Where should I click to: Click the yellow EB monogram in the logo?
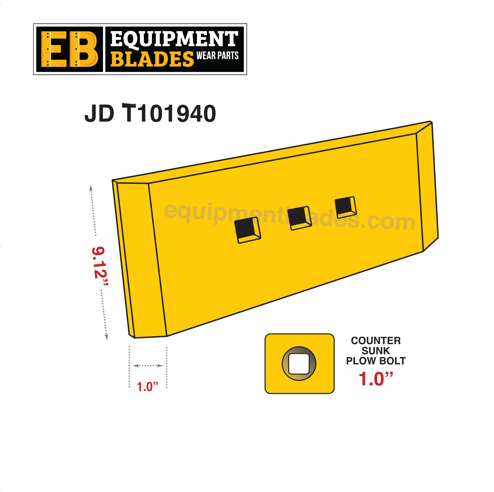(x=69, y=49)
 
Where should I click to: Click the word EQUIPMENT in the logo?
(x=174, y=39)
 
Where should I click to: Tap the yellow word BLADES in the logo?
(x=152, y=59)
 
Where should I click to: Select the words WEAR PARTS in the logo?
(x=217, y=55)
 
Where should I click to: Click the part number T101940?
(x=169, y=114)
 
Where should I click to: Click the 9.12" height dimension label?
(x=99, y=266)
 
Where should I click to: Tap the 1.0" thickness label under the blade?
(x=148, y=386)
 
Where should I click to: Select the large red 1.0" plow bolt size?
(x=375, y=379)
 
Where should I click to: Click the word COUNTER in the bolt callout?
(x=376, y=341)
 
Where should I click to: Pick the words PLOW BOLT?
(x=376, y=361)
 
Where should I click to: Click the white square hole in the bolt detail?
(x=299, y=364)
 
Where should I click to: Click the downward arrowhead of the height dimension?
(x=106, y=337)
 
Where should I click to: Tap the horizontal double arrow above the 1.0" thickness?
(x=148, y=366)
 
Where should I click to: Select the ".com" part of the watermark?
(x=391, y=222)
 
